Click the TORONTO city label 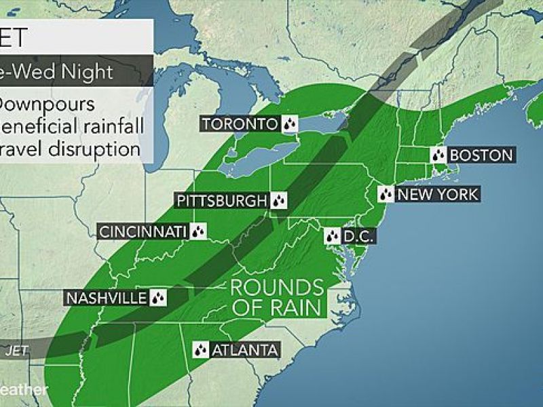(x=240, y=124)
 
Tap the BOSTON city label (x=481, y=155)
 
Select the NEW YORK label (x=438, y=195)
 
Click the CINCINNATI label (x=143, y=232)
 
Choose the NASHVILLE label (x=106, y=298)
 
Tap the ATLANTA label (x=244, y=350)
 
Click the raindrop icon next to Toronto (x=290, y=124)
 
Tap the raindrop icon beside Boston (x=438, y=155)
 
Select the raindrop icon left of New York (x=386, y=195)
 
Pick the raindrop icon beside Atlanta (x=201, y=350)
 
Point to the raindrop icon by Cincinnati (x=198, y=232)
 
